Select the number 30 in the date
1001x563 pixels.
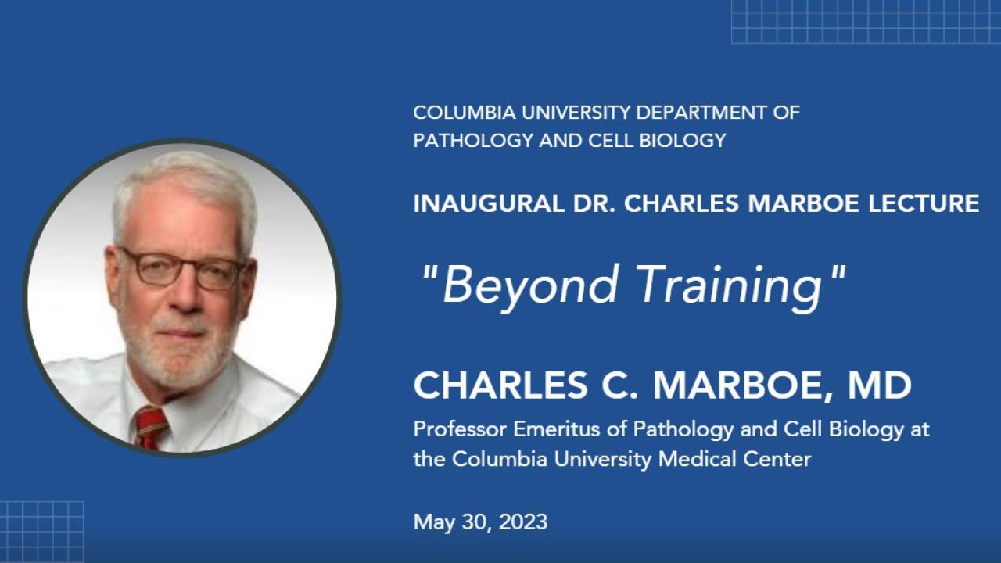pyautogui.click(x=466, y=522)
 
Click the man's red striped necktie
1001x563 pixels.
pyautogui.click(x=150, y=426)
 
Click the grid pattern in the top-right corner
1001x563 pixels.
pyautogui.click(x=865, y=21)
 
